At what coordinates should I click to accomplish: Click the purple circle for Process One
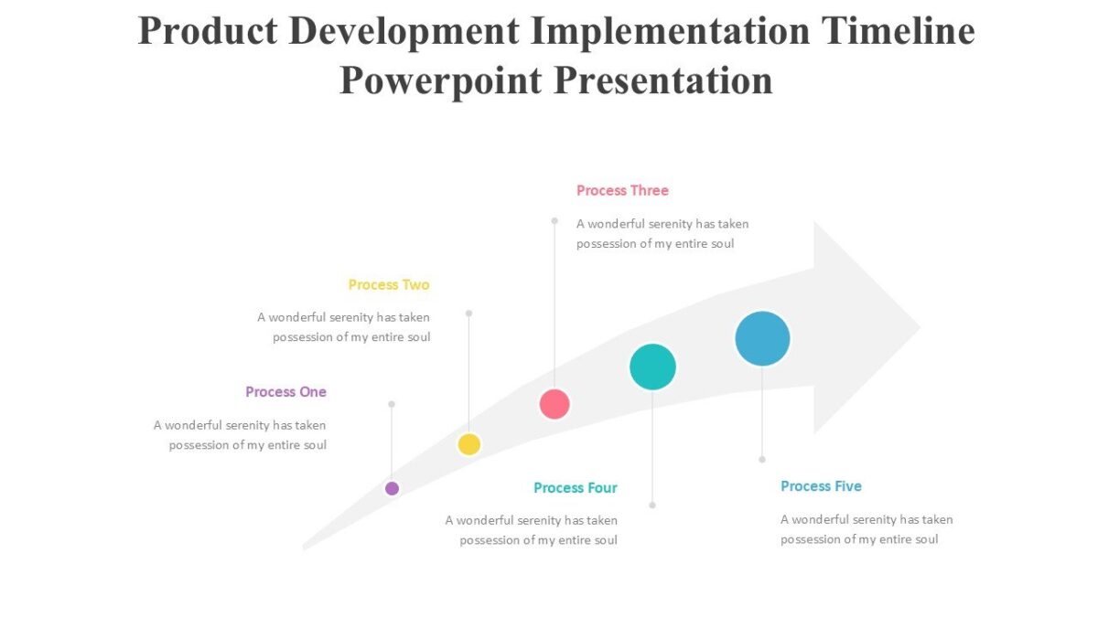click(x=392, y=488)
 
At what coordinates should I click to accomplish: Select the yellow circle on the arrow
click(x=469, y=444)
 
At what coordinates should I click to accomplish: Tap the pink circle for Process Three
click(x=554, y=403)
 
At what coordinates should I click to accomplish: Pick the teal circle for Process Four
click(x=652, y=367)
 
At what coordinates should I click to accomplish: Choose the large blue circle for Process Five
click(x=762, y=338)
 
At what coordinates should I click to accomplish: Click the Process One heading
click(x=285, y=391)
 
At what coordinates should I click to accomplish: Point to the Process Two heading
click(x=389, y=284)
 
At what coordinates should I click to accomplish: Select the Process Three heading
click(x=622, y=190)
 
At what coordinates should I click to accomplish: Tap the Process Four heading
click(x=576, y=487)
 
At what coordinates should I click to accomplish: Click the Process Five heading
click(x=821, y=485)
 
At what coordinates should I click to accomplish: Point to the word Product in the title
click(x=207, y=31)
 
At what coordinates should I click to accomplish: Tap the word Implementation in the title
click(x=672, y=31)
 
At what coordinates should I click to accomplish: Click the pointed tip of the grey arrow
click(x=918, y=327)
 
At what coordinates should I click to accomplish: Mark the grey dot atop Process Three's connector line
click(x=554, y=220)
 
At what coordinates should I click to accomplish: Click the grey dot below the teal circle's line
click(x=652, y=505)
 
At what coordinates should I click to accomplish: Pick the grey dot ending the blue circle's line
click(x=762, y=459)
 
